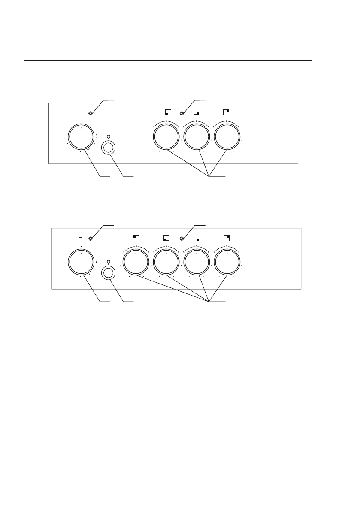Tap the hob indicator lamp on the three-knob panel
182,113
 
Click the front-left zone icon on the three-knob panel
168,112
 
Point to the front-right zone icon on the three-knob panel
197,112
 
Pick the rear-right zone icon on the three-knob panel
227,112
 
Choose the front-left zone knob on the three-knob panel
166,138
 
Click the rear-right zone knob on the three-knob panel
227,138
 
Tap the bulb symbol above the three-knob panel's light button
109,137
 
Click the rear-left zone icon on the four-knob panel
136,238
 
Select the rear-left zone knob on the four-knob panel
136,263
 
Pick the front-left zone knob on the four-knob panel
166,263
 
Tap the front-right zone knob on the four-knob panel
197,263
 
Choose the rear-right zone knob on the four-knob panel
227,263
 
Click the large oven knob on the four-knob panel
81,263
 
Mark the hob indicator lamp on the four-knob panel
182,239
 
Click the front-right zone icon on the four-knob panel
197,238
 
